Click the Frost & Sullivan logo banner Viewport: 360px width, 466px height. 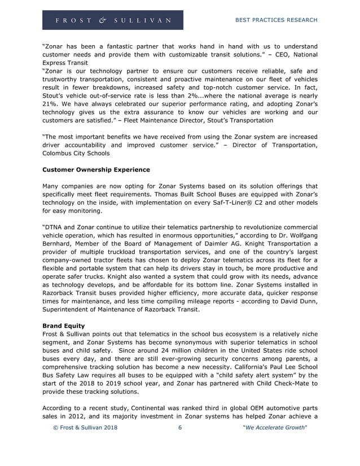112,20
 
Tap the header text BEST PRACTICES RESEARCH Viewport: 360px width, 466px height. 275,20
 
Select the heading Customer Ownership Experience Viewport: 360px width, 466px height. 96,169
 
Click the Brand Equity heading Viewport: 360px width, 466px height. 64,326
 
